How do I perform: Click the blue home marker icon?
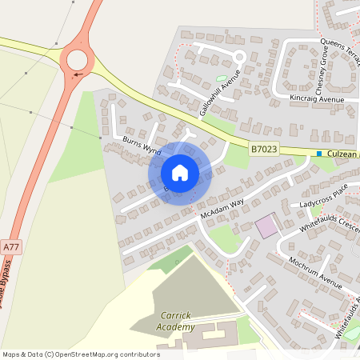(180, 173)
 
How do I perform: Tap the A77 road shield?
(10, 248)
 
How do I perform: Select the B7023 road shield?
(264, 149)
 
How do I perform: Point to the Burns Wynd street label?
(142, 145)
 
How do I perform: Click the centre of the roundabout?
(77, 58)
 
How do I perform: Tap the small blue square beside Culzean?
(319, 154)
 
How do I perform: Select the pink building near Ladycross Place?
(266, 226)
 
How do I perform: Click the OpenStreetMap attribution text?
(80, 354)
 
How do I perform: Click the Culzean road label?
(343, 153)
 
